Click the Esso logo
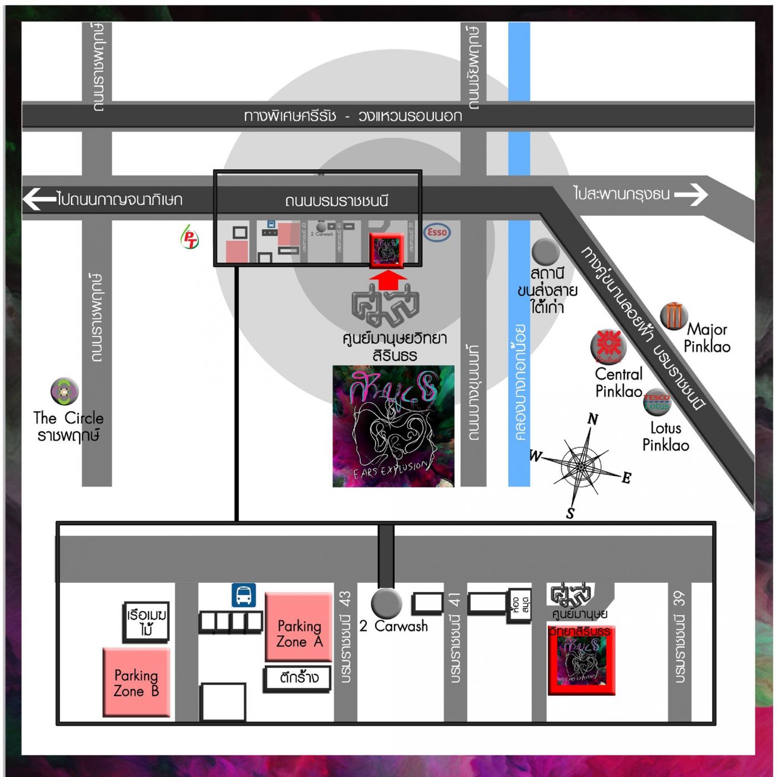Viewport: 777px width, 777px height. pos(437,232)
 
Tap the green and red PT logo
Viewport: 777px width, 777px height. pos(189,238)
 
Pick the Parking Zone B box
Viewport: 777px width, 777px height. pos(137,683)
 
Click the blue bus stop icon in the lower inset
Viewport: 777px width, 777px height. pos(244,595)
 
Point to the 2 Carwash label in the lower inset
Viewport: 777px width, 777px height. pos(393,626)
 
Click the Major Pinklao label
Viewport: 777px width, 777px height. pos(707,338)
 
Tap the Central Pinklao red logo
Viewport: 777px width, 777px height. pos(608,345)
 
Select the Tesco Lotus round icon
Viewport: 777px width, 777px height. pos(657,402)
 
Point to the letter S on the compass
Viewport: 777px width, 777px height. pos(570,514)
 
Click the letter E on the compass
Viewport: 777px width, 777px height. pos(627,477)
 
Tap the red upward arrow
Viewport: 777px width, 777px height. pos(387,279)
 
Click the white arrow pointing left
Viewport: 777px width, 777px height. pos(39,199)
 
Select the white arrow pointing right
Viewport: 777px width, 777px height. pos(691,194)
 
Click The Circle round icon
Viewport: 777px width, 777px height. pos(64,392)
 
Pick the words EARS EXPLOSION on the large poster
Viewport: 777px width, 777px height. pos(391,469)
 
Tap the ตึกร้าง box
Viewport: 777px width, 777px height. pos(299,678)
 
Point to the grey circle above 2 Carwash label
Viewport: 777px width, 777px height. pos(386,603)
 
